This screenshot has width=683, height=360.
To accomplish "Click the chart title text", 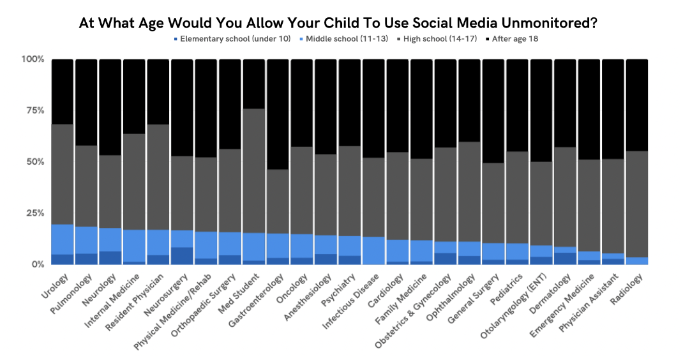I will click(x=338, y=23).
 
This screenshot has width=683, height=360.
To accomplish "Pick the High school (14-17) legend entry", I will click(x=441, y=39).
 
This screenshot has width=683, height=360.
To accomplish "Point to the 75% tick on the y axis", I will click(x=33, y=110).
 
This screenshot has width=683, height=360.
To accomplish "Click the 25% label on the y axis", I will click(x=33, y=213).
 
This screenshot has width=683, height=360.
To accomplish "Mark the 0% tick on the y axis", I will click(x=36, y=264).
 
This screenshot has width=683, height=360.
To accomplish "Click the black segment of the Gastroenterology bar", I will click(x=278, y=115).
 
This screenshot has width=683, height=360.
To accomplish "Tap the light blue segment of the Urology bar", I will click(x=62, y=239).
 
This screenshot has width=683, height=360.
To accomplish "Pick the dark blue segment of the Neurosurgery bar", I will click(x=182, y=255).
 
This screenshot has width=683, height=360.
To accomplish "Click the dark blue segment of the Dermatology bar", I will click(x=565, y=258).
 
